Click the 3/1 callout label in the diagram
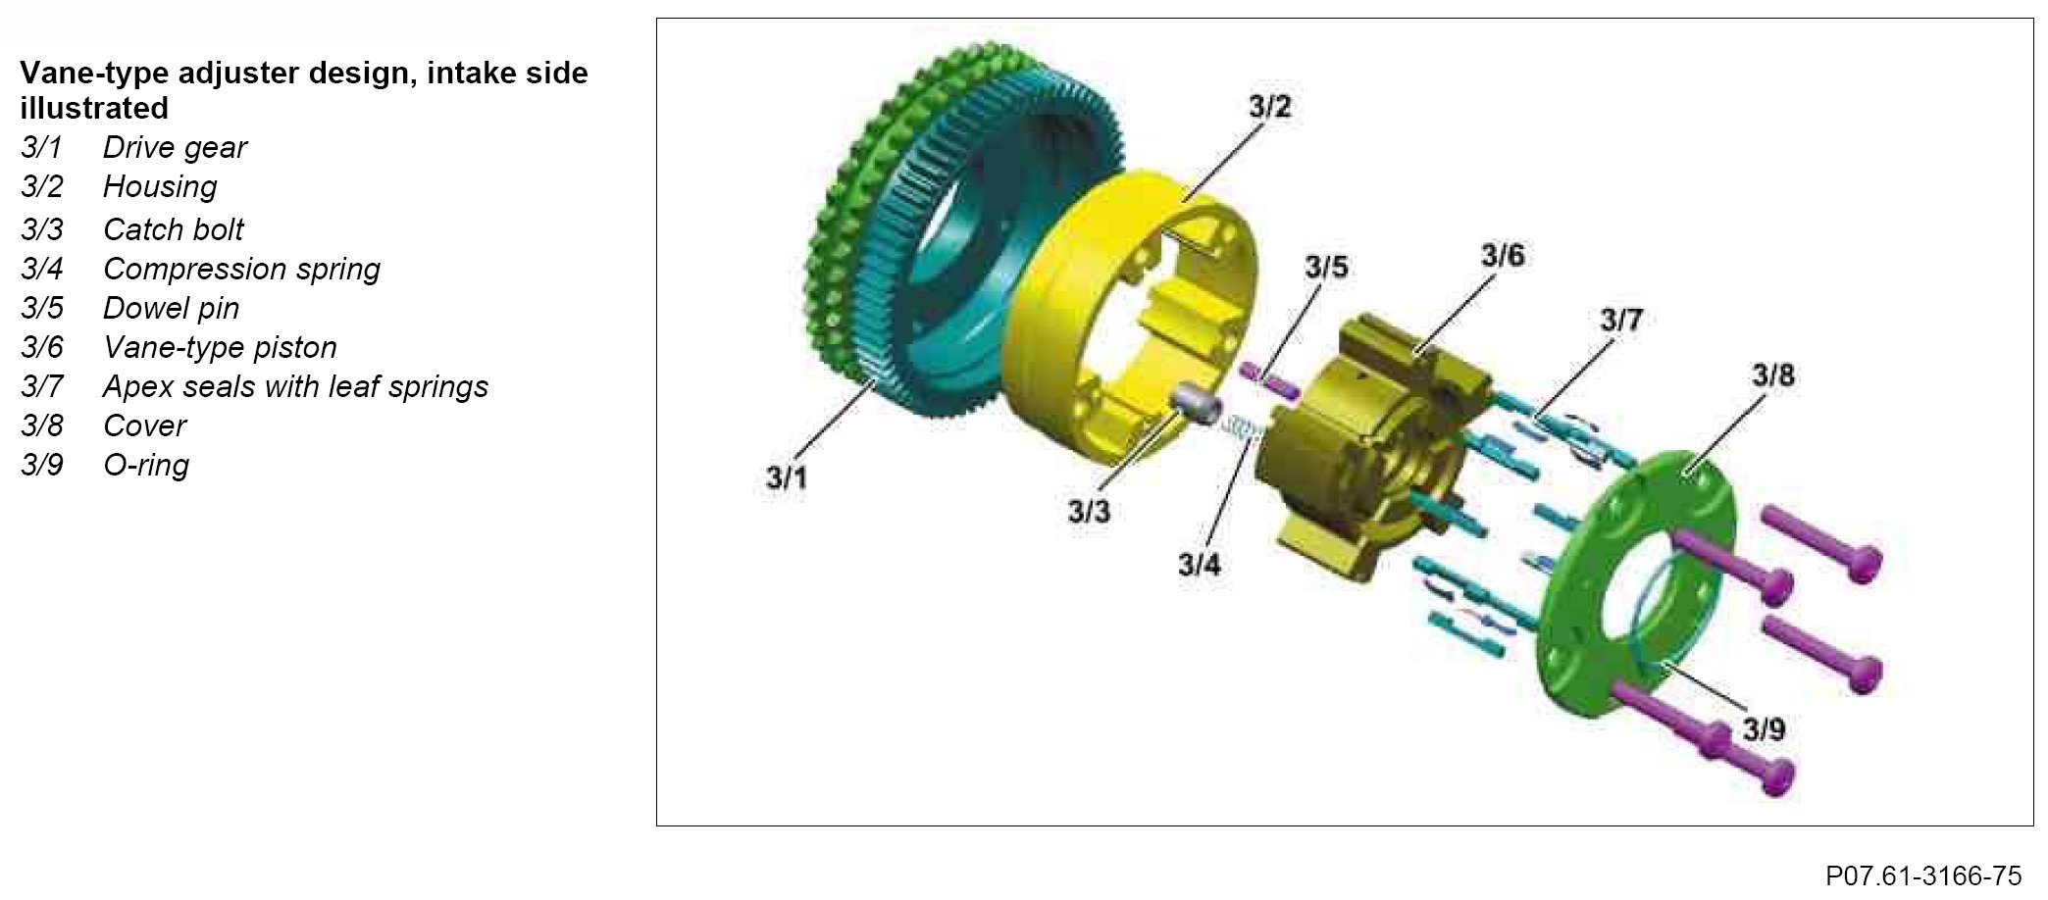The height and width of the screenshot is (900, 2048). [x=786, y=478]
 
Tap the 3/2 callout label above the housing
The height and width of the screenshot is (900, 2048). [x=1270, y=107]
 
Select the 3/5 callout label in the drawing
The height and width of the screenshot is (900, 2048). [x=1326, y=267]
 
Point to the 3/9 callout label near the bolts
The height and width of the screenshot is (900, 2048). [x=1764, y=729]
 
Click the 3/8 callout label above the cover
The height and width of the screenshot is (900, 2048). [x=1773, y=375]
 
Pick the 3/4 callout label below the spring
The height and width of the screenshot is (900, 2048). [x=1200, y=565]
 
